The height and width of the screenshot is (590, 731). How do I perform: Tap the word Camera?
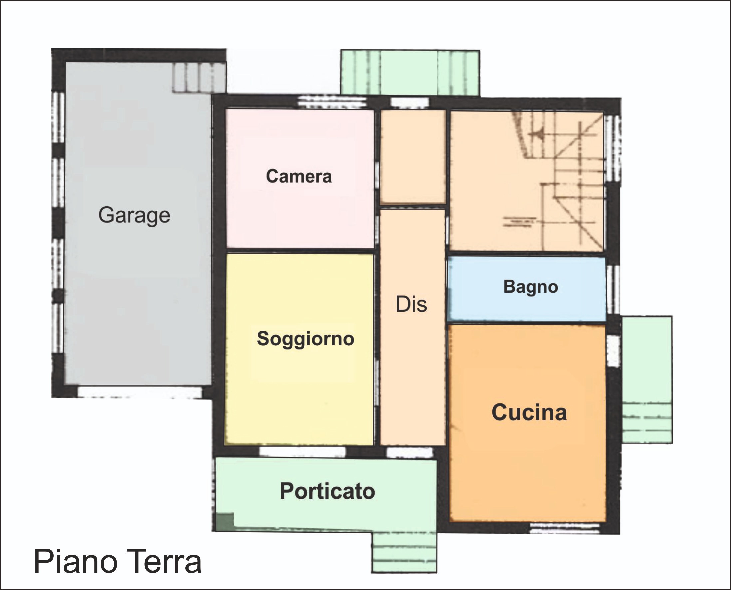point(299,176)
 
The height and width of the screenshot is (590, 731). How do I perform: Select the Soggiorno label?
point(305,339)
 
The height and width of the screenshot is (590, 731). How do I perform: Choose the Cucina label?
point(529,412)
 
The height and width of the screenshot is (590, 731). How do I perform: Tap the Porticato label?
point(328,491)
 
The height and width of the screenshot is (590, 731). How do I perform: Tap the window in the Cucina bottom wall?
point(565,528)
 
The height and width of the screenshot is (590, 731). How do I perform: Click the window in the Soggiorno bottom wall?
point(302,452)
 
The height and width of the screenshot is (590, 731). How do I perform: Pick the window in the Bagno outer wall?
point(613,290)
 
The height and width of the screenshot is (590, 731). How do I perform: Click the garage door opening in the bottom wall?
point(140,392)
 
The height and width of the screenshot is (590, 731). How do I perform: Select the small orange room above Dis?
point(413,157)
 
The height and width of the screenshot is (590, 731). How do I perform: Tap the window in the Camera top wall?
point(333,103)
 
